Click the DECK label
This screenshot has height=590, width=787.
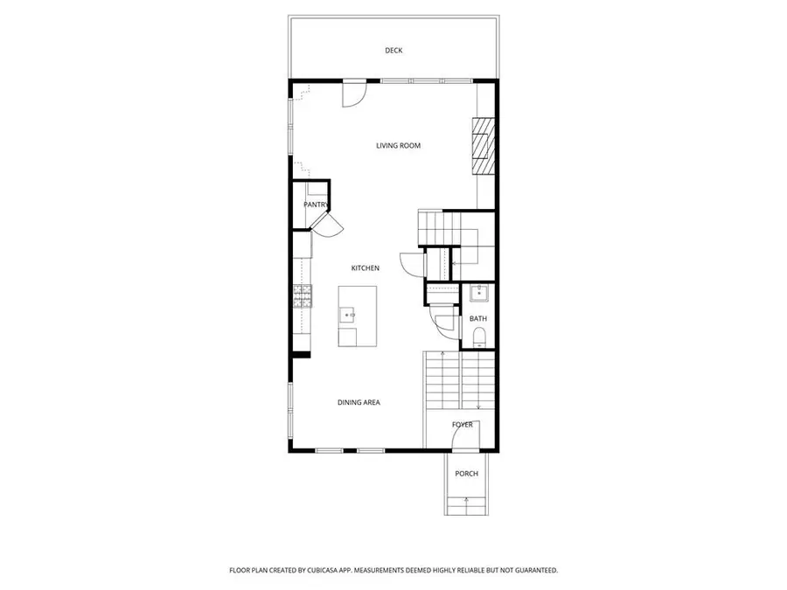pos(393,51)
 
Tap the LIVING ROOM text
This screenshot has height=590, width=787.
pos(398,146)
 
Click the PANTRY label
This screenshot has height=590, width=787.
pos(314,205)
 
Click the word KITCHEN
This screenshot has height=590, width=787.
pos(365,268)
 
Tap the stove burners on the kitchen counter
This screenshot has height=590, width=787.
pos(303,297)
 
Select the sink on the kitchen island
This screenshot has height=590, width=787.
pos(348,314)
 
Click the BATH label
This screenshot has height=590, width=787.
pos(477,319)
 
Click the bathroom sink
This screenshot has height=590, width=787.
pos(479,293)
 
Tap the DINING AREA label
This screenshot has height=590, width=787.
pos(359,403)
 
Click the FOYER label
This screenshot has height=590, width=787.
pos(462,425)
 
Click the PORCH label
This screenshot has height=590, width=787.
pos(466,474)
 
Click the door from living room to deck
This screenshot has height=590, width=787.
pos(354,94)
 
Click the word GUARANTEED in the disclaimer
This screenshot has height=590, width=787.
pos(531,570)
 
